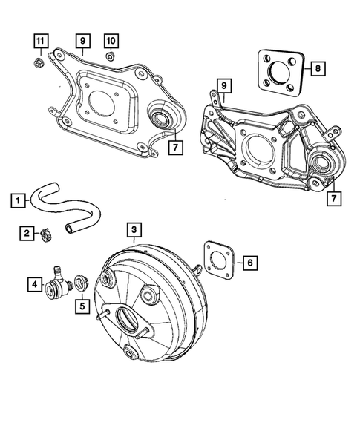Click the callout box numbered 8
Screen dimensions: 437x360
(317, 68)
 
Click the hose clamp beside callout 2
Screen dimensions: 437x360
(46, 237)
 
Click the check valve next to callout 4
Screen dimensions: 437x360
(58, 284)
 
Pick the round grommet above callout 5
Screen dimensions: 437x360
(82, 283)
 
